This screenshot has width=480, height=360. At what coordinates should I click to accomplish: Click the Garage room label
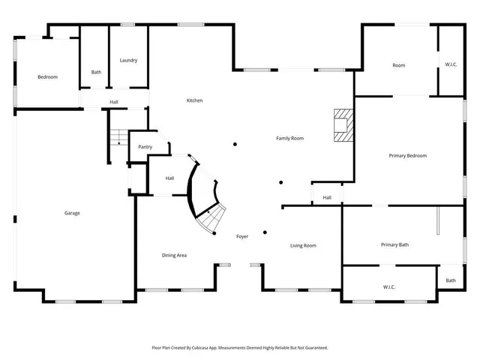pos(72,213)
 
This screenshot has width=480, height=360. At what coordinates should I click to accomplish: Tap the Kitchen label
pos(194,100)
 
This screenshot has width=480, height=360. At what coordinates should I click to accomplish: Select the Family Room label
pos(289,138)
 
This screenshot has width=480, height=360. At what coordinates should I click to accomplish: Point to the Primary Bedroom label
pos(407,155)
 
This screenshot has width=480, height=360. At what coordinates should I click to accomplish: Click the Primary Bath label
pos(394,244)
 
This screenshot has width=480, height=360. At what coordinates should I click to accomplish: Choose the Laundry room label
pos(127,60)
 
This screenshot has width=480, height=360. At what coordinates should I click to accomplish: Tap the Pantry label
pos(145,147)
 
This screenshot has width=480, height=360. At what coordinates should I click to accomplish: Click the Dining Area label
pos(174,255)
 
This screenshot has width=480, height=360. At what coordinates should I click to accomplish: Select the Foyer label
pos(242,236)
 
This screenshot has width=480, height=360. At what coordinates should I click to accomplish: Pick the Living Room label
pos(303,245)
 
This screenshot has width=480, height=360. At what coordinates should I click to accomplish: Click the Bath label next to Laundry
pos(96,72)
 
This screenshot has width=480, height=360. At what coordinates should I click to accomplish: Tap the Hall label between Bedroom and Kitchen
pos(114,102)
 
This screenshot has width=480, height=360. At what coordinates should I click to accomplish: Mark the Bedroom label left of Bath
pos(48,76)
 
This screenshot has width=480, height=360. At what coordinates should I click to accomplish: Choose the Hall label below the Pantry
pos(169,178)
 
